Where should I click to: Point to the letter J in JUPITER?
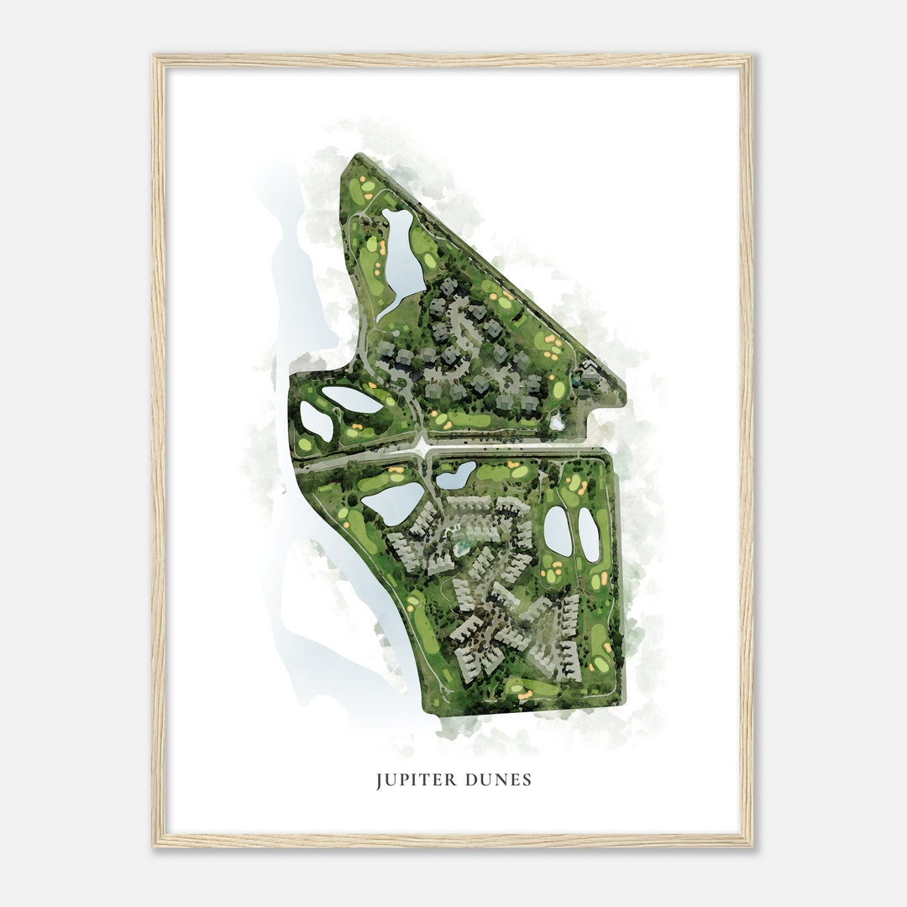(x=380, y=781)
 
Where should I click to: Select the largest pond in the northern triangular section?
(x=401, y=256)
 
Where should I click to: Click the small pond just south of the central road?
(x=456, y=475)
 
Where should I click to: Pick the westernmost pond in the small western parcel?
(x=316, y=420)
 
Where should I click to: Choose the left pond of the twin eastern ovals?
(x=558, y=531)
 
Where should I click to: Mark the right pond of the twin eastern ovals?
(x=589, y=535)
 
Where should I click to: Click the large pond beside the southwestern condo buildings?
(x=392, y=502)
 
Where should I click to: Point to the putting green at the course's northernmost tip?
(x=367, y=186)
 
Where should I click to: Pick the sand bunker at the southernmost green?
(x=524, y=695)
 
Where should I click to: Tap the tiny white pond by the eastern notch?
(x=556, y=422)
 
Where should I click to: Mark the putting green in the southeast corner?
(x=601, y=664)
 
